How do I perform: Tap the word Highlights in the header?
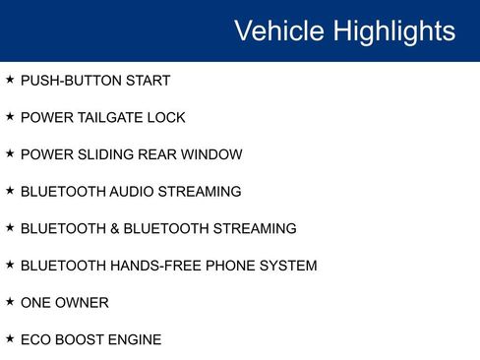pos(394,30)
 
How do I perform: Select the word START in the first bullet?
pos(147,81)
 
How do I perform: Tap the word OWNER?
pos(84,303)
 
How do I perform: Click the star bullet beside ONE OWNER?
pos(10,302)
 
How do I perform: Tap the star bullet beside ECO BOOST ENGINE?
pos(10,339)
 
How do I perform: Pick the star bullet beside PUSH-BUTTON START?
pos(10,80)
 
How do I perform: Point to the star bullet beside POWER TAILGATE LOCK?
pos(10,117)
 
